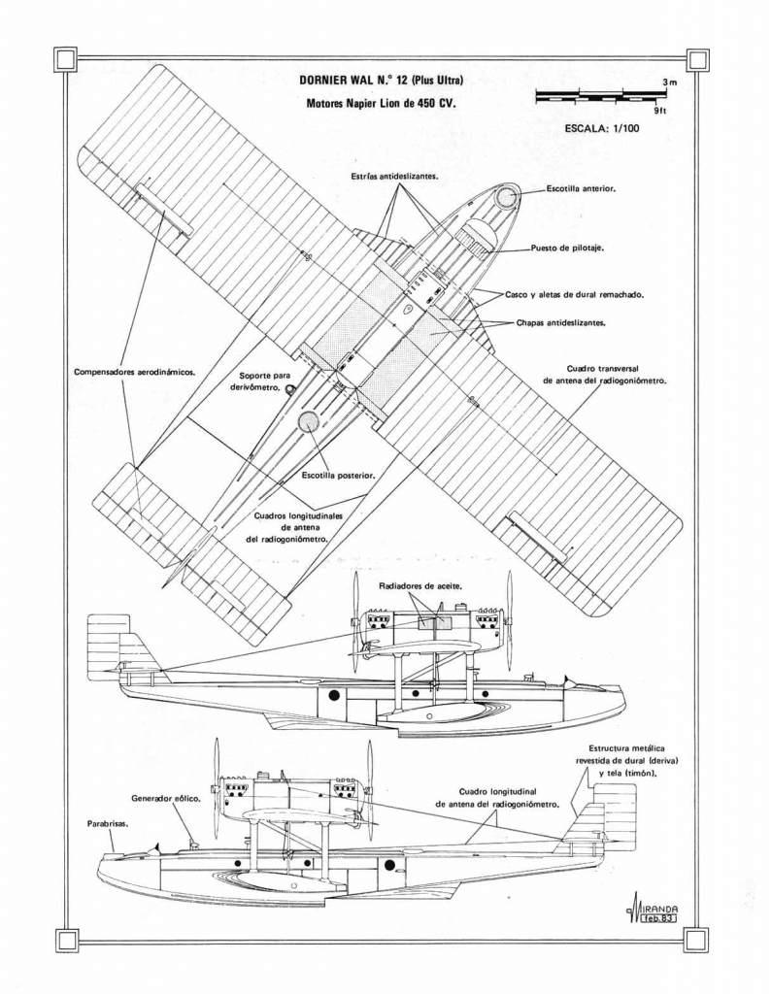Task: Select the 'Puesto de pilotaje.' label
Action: tap(567, 248)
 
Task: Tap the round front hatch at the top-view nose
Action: tap(507, 198)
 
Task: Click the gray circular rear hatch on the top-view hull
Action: tap(309, 419)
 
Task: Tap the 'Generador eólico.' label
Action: tap(166, 798)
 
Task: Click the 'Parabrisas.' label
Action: tap(107, 823)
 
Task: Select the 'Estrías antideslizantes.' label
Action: tap(393, 177)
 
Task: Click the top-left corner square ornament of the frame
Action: tap(66, 59)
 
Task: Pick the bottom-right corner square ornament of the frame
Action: tap(695, 939)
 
